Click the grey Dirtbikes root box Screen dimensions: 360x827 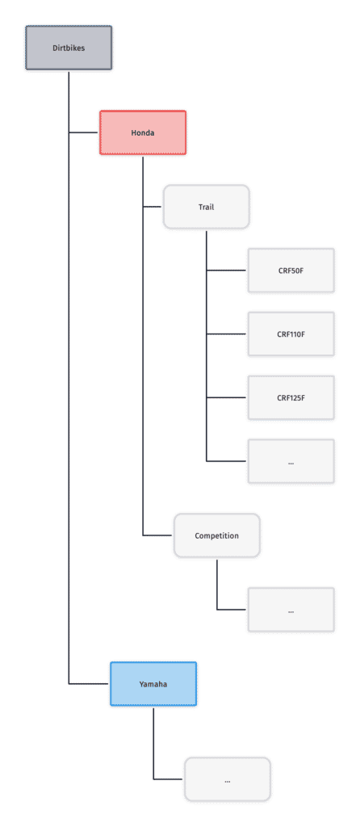pyautogui.click(x=69, y=48)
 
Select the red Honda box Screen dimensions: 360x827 pyautogui.click(x=143, y=133)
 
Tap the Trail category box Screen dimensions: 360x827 pyautogui.click(x=206, y=207)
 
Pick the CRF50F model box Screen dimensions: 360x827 pyautogui.click(x=291, y=271)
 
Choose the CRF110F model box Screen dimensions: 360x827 pyautogui.click(x=291, y=334)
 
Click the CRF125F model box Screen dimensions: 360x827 pyautogui.click(x=291, y=397)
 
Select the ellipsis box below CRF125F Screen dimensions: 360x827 pyautogui.click(x=291, y=461)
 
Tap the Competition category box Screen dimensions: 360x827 pyautogui.click(x=216, y=535)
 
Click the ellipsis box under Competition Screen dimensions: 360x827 pyautogui.click(x=291, y=610)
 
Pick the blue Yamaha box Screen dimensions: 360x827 pyautogui.click(x=153, y=684)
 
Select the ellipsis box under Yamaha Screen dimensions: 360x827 pyautogui.click(x=227, y=779)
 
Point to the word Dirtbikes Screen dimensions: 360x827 pyautogui.click(x=69, y=48)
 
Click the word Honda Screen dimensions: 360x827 pyautogui.click(x=143, y=133)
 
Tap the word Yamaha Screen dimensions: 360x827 pyautogui.click(x=153, y=684)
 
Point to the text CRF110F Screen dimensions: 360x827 pyautogui.click(x=291, y=334)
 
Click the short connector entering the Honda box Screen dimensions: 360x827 pyautogui.click(x=83, y=133)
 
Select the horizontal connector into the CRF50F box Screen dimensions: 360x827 pyautogui.click(x=226, y=271)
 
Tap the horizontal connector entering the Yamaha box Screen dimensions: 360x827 pyautogui.click(x=89, y=684)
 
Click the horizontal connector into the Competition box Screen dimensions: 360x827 pyautogui.click(x=157, y=535)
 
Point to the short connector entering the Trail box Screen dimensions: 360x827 pyautogui.click(x=153, y=207)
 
